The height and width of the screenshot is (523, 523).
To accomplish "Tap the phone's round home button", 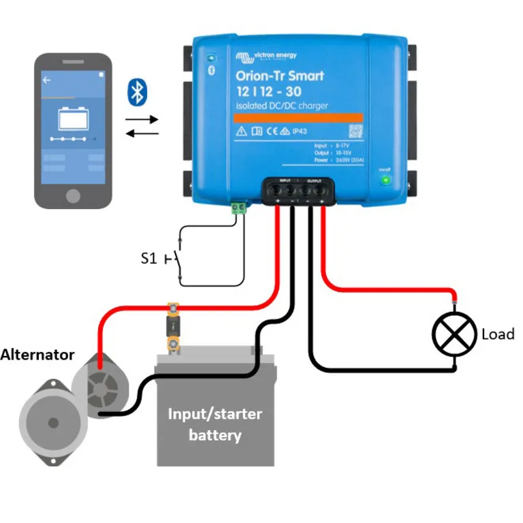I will [x=74, y=196].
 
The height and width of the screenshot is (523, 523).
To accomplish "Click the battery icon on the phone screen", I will [x=74, y=120].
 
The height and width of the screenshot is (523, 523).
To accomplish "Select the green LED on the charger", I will [x=386, y=180].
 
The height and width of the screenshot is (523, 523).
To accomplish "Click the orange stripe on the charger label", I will [x=298, y=118].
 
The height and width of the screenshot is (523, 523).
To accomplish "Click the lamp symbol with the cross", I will [x=454, y=334].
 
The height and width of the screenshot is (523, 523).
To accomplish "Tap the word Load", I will [x=497, y=334].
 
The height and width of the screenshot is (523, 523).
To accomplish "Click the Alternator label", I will [x=37, y=354].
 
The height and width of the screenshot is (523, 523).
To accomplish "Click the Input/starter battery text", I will [x=215, y=424].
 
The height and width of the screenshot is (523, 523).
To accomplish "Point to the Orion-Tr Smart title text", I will [x=280, y=76].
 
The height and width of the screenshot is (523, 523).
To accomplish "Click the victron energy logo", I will [x=266, y=57].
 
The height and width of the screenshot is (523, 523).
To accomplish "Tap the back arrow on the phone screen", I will [x=47, y=80].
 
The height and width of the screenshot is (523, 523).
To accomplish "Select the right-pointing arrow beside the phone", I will [x=142, y=118].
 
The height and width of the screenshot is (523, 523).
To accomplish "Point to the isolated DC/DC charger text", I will [x=282, y=106].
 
